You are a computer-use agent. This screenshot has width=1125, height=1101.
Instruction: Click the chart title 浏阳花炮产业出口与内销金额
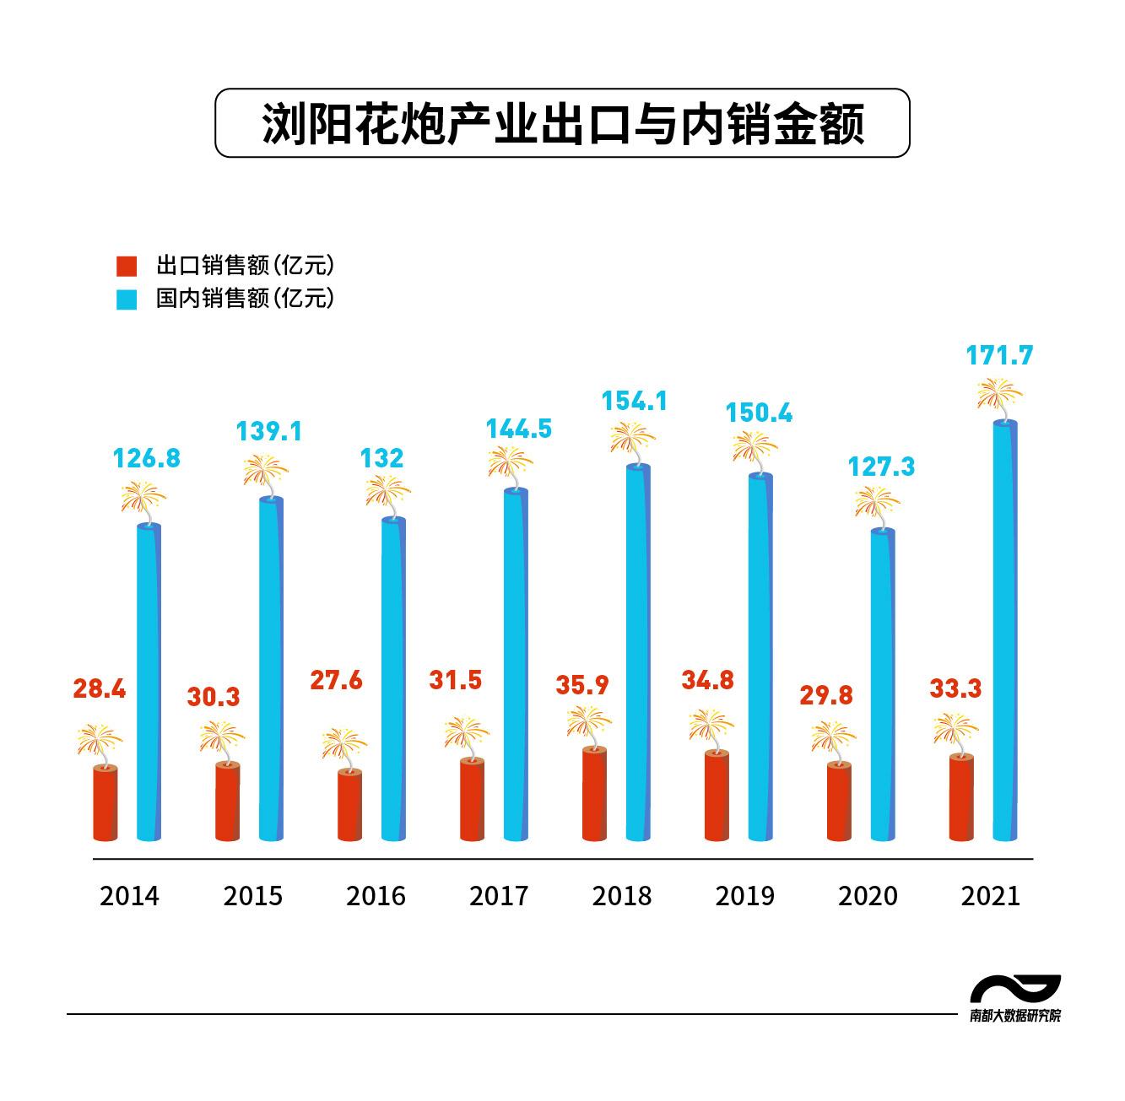click(x=562, y=124)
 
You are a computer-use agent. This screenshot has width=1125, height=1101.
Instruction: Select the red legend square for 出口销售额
click(x=126, y=266)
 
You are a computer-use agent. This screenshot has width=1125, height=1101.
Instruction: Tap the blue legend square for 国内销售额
click(x=126, y=300)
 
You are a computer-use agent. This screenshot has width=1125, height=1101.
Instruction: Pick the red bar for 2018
click(x=594, y=794)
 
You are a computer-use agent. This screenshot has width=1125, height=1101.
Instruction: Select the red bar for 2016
click(x=349, y=805)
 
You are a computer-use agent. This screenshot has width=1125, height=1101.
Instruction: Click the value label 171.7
click(x=999, y=356)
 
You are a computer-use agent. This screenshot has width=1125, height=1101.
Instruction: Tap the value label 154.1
click(x=634, y=401)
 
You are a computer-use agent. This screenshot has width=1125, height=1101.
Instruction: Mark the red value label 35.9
click(x=581, y=685)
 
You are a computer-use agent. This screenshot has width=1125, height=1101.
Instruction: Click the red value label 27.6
click(x=336, y=680)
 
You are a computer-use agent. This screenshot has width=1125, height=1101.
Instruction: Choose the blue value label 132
click(x=381, y=458)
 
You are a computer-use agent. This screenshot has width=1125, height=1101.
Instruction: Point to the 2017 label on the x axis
click(x=498, y=896)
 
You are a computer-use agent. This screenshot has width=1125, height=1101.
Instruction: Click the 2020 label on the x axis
click(x=868, y=896)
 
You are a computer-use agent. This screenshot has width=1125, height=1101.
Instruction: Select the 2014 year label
click(x=129, y=896)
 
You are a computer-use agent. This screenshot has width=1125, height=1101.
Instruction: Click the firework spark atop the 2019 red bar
click(x=711, y=726)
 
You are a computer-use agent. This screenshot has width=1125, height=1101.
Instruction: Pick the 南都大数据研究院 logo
click(x=1015, y=998)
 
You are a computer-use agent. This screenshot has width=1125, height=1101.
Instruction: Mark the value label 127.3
click(x=881, y=467)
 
